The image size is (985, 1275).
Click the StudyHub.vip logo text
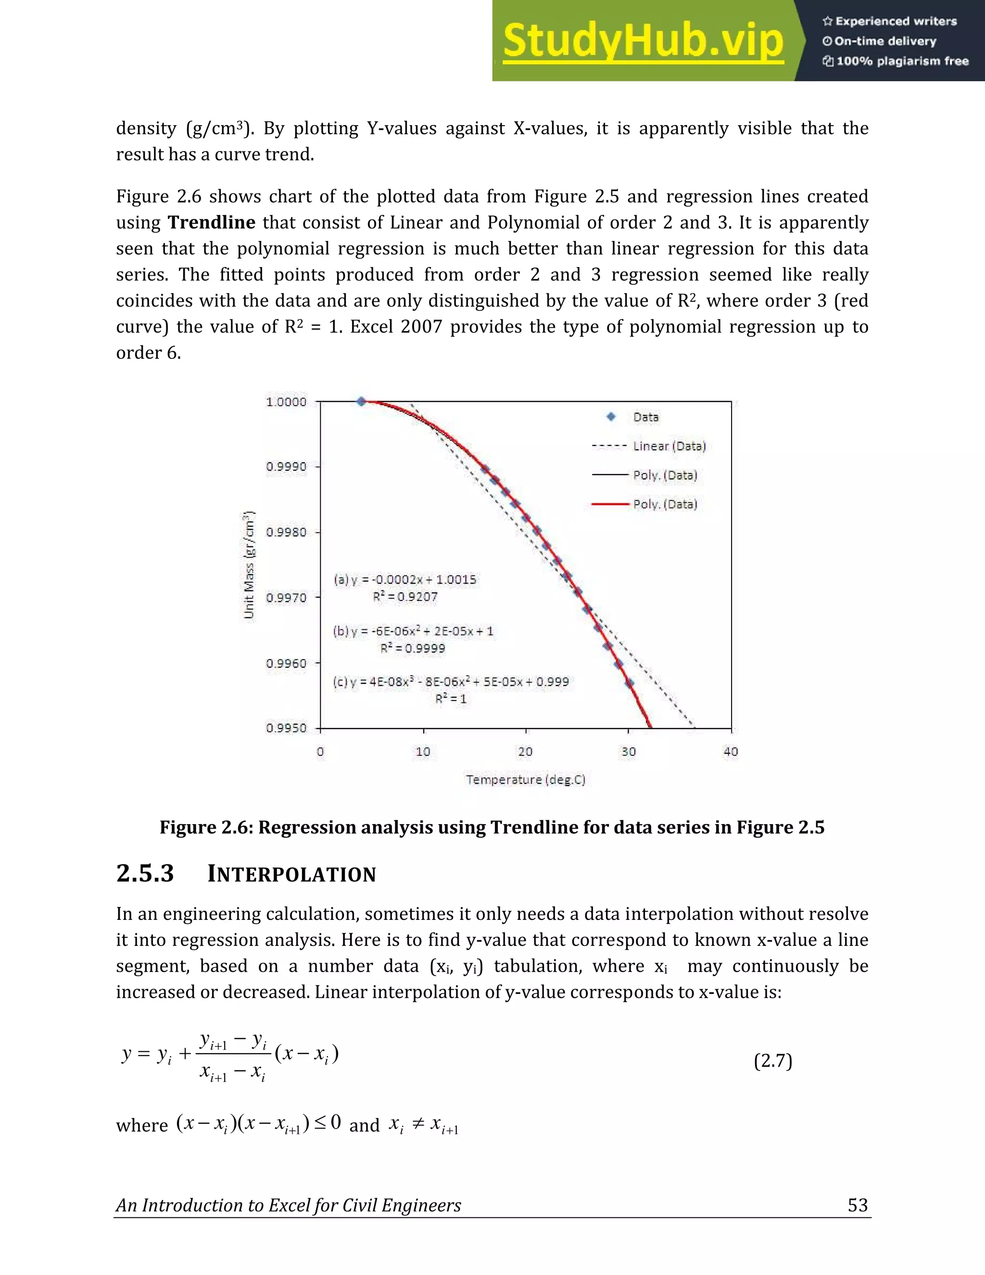click(643, 41)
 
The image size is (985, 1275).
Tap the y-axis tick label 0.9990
click(286, 466)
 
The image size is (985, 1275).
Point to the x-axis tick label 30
click(629, 752)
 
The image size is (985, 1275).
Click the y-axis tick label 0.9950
click(286, 728)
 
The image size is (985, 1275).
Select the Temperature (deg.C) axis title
click(525, 779)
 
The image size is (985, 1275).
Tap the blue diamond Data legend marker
click(611, 417)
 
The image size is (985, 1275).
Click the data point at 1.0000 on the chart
click(361, 402)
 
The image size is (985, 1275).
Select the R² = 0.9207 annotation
click(405, 597)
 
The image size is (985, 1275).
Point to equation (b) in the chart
click(413, 631)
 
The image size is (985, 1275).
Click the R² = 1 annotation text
click(451, 699)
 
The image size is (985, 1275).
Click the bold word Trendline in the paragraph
click(211, 222)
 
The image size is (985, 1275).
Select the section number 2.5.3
click(145, 873)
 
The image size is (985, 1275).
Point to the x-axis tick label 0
click(320, 752)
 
